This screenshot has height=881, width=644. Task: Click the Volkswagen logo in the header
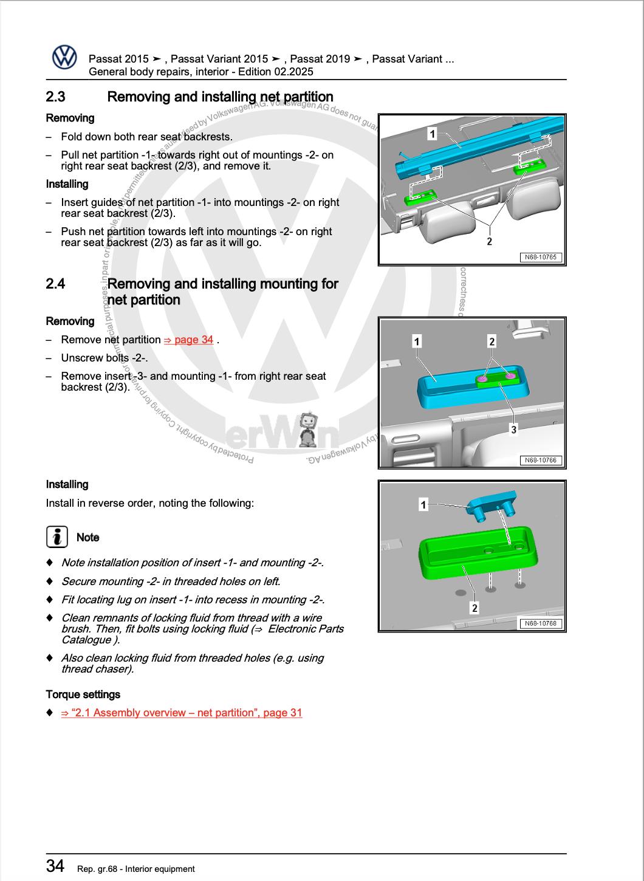64,58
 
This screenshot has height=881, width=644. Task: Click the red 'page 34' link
188,340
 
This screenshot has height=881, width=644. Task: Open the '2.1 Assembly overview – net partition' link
182,713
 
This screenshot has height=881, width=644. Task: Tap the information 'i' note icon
57,537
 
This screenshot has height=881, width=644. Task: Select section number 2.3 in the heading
56,97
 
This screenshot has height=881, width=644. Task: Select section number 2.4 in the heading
56,284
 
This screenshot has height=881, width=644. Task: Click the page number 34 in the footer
55,866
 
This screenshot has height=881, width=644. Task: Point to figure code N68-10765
540,257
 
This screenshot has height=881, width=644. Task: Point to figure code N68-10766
540,460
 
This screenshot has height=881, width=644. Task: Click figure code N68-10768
540,623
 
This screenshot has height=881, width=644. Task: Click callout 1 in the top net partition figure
432,134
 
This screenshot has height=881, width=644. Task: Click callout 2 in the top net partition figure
489,241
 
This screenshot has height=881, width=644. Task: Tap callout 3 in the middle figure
513,430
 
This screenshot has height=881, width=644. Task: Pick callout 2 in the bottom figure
474,608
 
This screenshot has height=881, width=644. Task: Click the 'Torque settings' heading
83,694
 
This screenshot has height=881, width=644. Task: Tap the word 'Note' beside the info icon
87,537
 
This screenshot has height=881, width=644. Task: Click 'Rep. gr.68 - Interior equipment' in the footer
136,869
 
